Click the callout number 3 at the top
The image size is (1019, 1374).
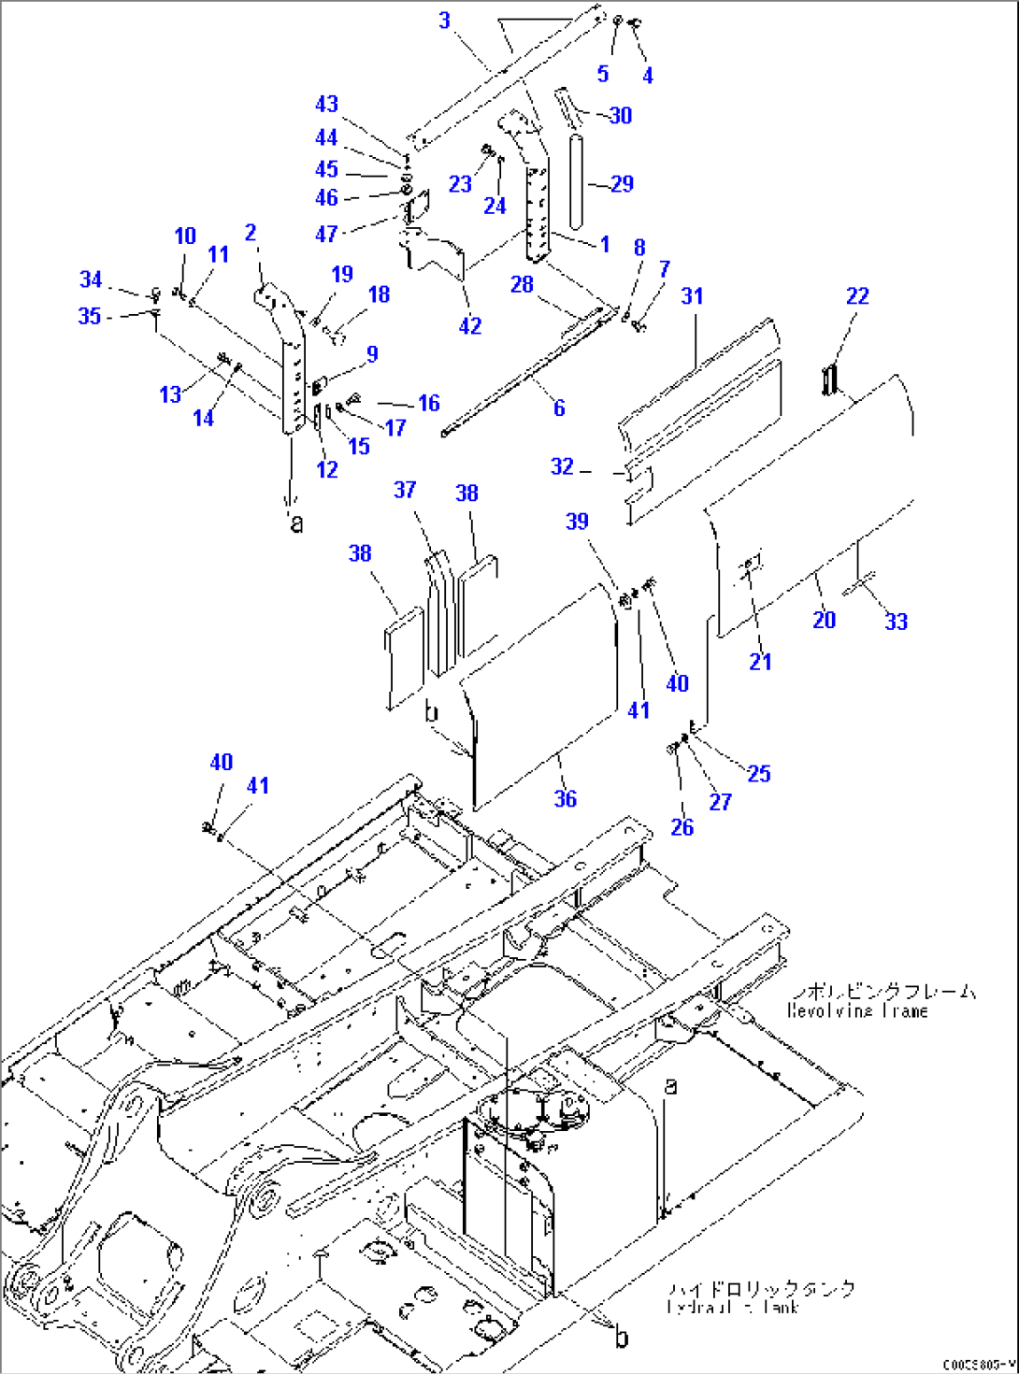[444, 20]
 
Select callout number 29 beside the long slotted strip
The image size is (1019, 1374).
[622, 184]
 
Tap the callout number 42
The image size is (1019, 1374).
[470, 325]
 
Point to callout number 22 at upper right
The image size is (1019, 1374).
[857, 295]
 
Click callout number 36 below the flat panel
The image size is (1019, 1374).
[566, 798]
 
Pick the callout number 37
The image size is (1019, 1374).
[405, 490]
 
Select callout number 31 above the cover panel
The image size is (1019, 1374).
[692, 296]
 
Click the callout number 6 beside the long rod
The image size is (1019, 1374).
[559, 408]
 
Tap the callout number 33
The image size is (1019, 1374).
[896, 621]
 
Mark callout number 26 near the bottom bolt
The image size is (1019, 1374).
[682, 827]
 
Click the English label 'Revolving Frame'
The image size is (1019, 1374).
[857, 1011]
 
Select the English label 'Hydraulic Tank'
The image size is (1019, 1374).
[733, 1308]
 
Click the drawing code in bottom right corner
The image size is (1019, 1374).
[978, 1365]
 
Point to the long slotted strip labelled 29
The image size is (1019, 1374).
[576, 181]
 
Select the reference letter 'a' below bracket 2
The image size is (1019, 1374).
[296, 522]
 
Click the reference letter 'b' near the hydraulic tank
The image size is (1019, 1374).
[622, 1338]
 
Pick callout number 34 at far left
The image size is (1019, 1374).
[91, 279]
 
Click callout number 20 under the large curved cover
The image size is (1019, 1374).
[824, 619]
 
